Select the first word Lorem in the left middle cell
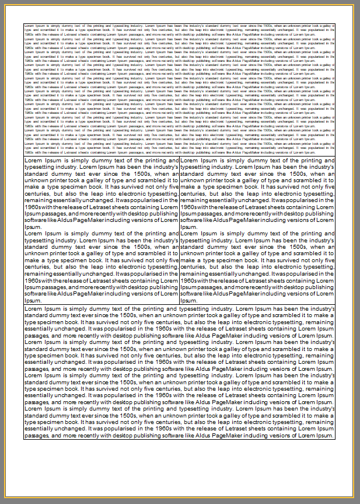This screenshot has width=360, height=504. [33, 160]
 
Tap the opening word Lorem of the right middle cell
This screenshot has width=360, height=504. [190, 160]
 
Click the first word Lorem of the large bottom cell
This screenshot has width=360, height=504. [33, 308]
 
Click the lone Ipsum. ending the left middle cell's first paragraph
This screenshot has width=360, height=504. [33, 227]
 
